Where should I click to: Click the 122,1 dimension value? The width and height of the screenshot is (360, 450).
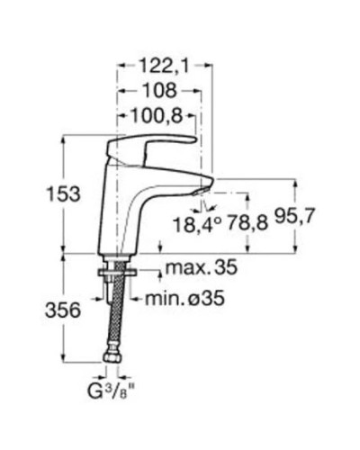point(163,66)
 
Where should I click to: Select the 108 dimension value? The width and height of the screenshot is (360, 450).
point(157,91)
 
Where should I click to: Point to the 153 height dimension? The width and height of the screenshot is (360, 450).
point(63,193)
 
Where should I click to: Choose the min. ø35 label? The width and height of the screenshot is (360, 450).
point(181,298)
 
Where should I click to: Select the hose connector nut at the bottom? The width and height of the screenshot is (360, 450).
point(114,362)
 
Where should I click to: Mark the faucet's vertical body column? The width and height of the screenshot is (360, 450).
point(121,207)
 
